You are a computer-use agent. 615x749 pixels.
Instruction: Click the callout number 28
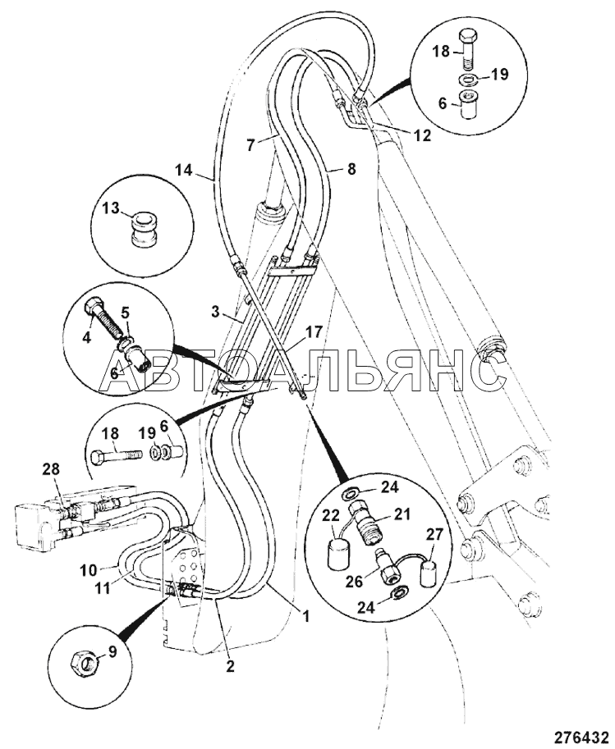(52, 469)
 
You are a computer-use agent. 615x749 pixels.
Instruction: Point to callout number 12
(422, 135)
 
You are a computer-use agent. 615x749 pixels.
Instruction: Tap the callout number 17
(315, 331)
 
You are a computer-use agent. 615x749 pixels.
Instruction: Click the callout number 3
(216, 313)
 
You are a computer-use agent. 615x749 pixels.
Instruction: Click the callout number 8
(351, 170)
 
